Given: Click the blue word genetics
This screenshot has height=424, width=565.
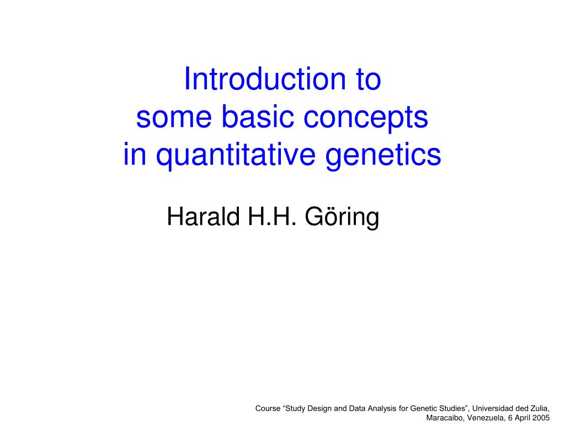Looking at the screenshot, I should pos(383,155).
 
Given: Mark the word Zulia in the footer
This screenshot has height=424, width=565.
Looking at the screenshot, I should pos(540,409).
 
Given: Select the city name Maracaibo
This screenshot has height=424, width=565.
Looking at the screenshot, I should pos(445,418).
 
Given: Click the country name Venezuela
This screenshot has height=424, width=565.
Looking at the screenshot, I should pos(484,418).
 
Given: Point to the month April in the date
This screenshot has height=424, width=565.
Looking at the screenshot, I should pos(523,418).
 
